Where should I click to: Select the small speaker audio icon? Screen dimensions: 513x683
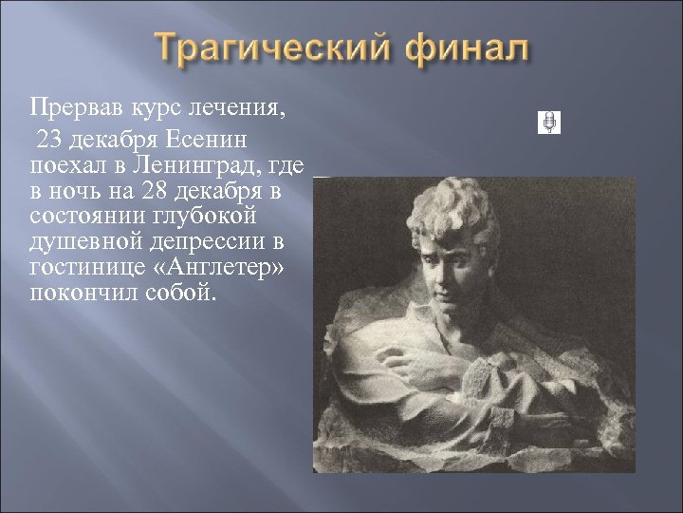(x=549, y=123)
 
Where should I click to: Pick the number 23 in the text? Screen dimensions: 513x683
(x=51, y=142)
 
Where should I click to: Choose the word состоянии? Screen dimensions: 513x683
(x=84, y=216)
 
